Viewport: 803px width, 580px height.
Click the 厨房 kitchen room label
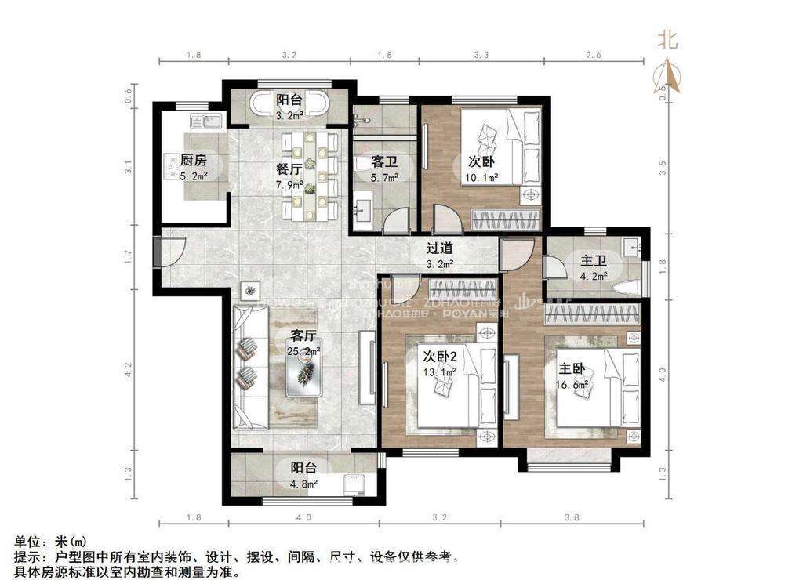[194, 160]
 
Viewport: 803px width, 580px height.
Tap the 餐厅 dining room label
[267, 169]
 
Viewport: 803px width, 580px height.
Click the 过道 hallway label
[439, 248]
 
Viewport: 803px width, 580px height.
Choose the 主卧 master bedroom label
[569, 368]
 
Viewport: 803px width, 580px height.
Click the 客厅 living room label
[304, 335]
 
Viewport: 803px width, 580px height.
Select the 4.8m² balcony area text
[303, 484]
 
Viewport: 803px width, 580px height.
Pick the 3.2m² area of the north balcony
[289, 115]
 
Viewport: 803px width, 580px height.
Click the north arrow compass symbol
[667, 77]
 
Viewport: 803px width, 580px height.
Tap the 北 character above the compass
[667, 38]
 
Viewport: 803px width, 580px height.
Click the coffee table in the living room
[303, 377]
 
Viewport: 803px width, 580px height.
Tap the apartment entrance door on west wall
[159, 252]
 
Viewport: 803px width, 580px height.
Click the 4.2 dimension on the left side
[127, 368]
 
